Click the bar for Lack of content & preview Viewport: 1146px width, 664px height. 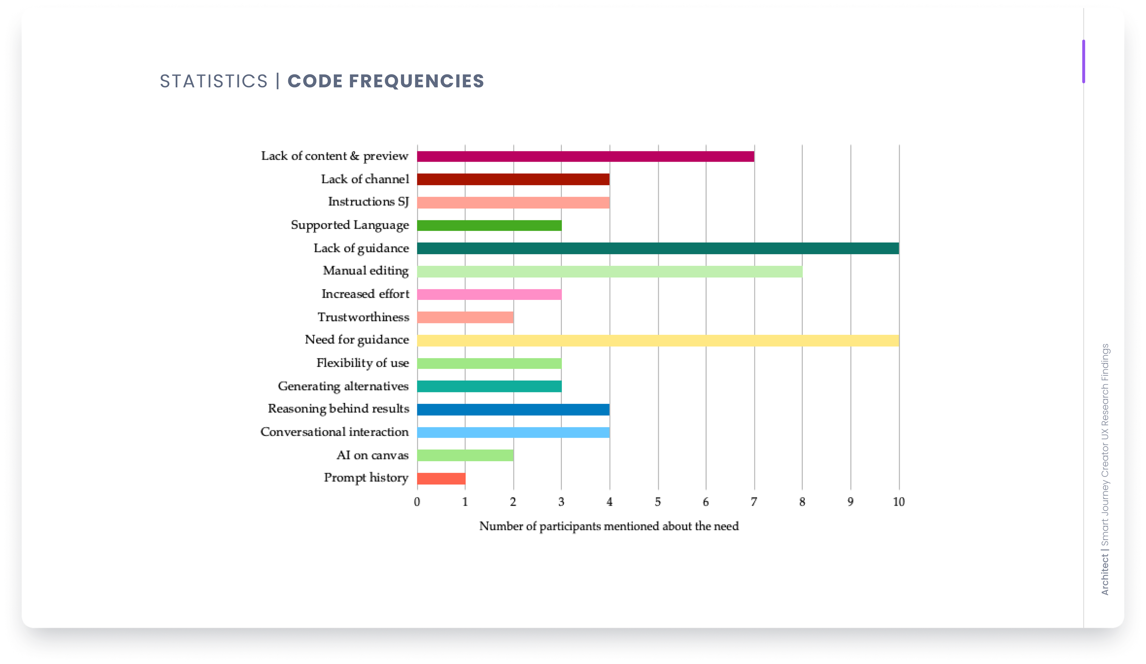[585, 156]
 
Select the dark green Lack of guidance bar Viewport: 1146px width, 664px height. [657, 248]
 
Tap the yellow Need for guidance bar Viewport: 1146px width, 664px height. [657, 341]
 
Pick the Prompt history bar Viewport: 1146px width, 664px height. [441, 478]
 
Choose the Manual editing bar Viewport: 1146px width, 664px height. [609, 271]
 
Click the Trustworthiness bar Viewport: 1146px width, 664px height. [465, 317]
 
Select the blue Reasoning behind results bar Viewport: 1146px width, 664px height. [513, 410]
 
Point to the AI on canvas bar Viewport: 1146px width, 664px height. [465, 455]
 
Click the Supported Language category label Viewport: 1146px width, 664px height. [350, 225]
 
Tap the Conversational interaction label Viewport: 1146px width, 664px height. [334, 432]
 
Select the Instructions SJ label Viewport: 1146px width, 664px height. [368, 202]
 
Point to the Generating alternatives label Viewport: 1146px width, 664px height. [343, 386]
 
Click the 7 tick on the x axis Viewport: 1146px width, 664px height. [754, 502]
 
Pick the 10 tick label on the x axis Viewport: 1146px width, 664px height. [899, 502]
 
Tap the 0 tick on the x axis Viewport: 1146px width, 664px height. [417, 502]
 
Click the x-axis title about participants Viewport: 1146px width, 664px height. [609, 526]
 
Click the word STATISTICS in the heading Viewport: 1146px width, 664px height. [214, 82]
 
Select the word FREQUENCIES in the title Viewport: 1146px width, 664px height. [416, 82]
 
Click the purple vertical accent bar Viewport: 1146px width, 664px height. [1084, 62]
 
